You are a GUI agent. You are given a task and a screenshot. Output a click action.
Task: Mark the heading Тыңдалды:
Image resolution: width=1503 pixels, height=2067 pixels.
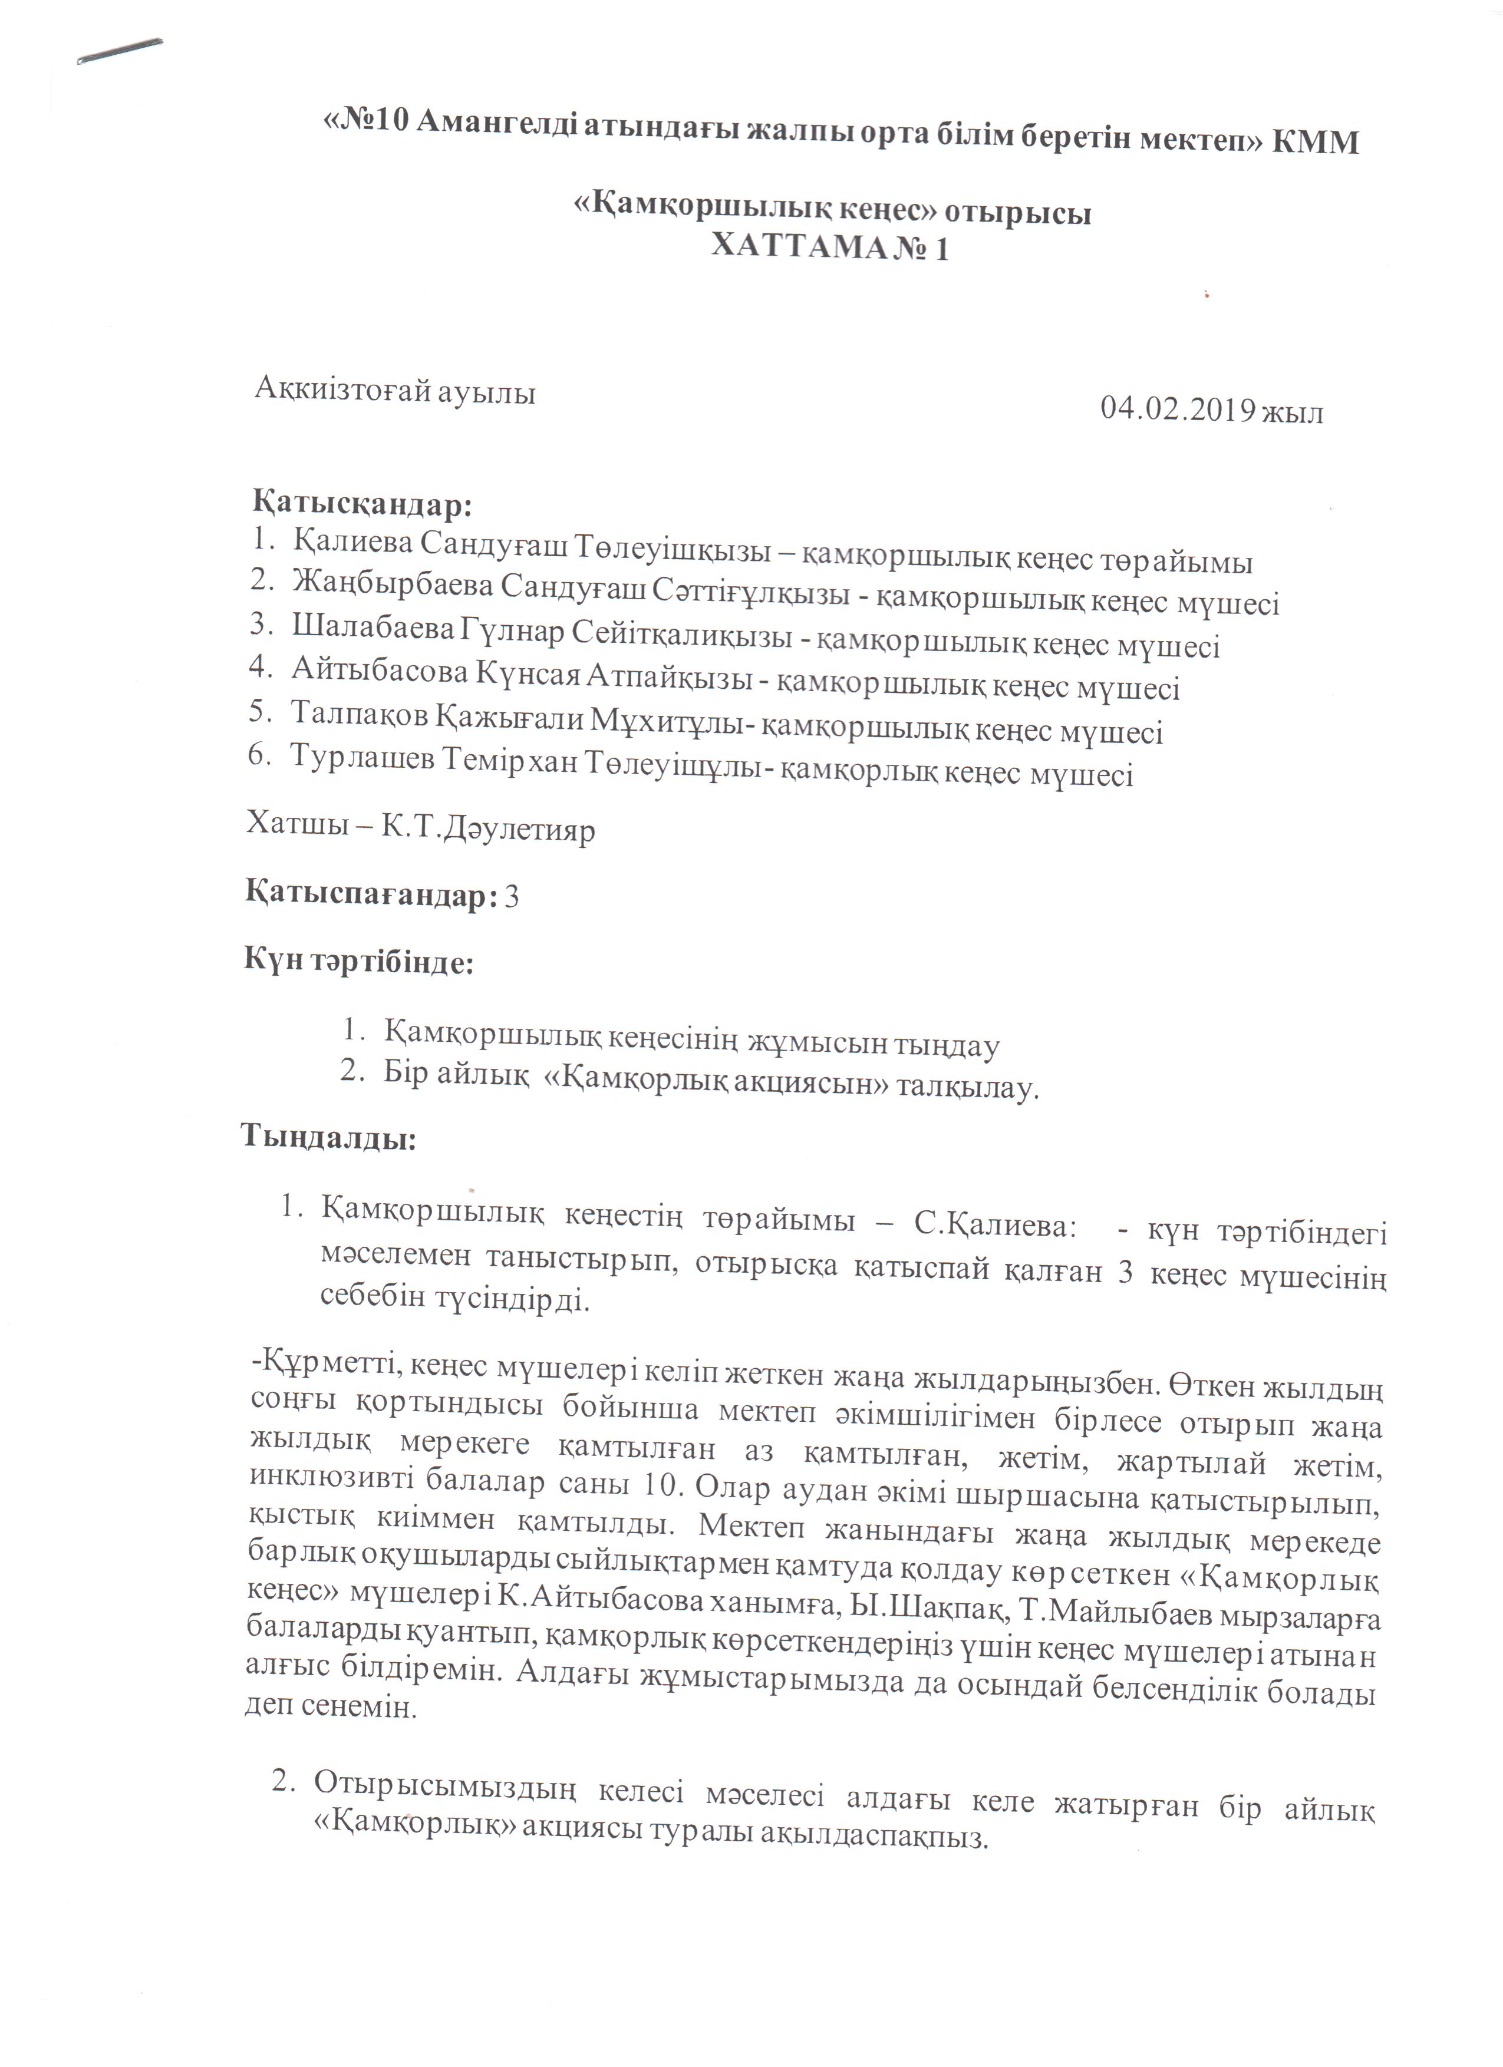(x=328, y=1138)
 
